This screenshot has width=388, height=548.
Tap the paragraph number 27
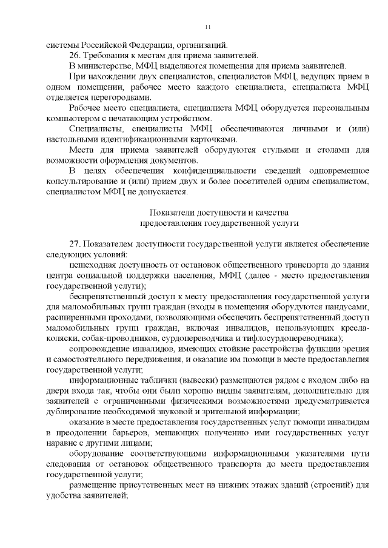(x=75, y=243)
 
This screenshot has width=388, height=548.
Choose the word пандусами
(x=346, y=306)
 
